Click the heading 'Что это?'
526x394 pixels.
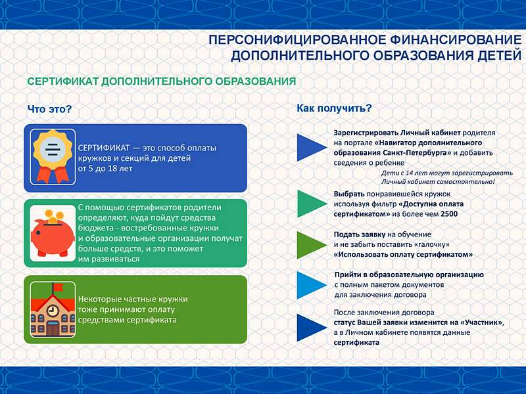click(x=49, y=109)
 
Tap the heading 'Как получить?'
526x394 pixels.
click(x=335, y=108)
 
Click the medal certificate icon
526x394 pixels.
click(x=53, y=157)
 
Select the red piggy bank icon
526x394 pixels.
click(x=53, y=233)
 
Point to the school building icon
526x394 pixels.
click(x=53, y=309)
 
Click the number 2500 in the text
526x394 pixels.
click(x=449, y=214)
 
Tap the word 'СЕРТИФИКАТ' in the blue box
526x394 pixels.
click(x=104, y=148)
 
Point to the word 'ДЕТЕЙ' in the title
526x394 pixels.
click(x=499, y=55)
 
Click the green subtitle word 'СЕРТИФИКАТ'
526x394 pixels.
click(x=62, y=81)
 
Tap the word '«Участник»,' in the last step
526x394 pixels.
click(x=483, y=322)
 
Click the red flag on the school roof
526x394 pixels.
click(x=58, y=287)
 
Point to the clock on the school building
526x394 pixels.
click(x=52, y=311)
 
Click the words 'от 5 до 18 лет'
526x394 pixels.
click(x=105, y=168)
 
